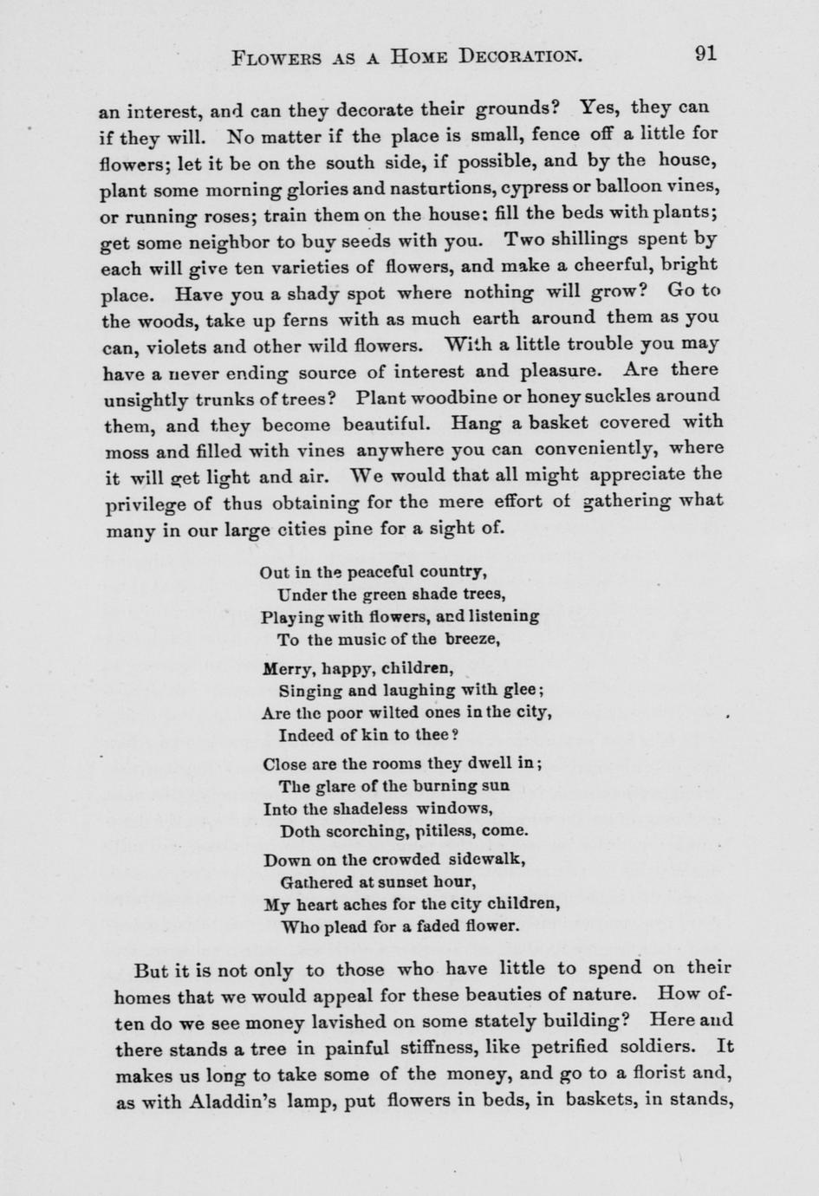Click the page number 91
click(x=705, y=53)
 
